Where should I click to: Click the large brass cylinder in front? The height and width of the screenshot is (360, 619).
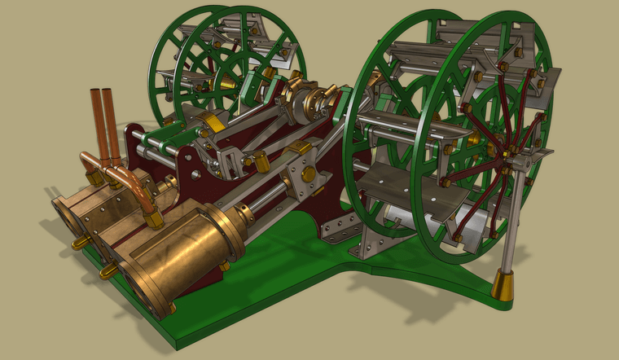point(183,252)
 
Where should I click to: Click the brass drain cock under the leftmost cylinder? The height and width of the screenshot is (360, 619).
point(80,242)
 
